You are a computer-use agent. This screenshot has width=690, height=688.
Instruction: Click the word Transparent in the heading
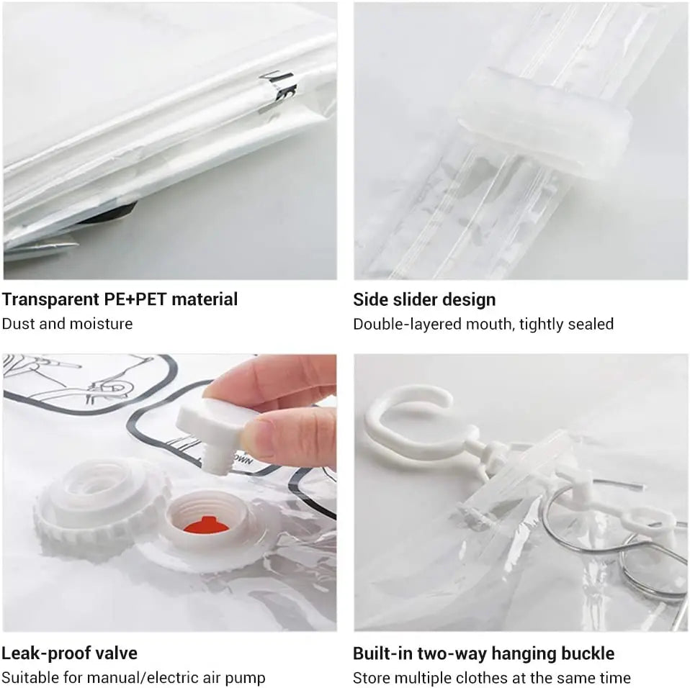[50, 300]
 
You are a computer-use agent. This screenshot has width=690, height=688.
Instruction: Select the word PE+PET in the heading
[135, 299]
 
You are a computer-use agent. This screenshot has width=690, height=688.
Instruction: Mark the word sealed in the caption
[591, 325]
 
